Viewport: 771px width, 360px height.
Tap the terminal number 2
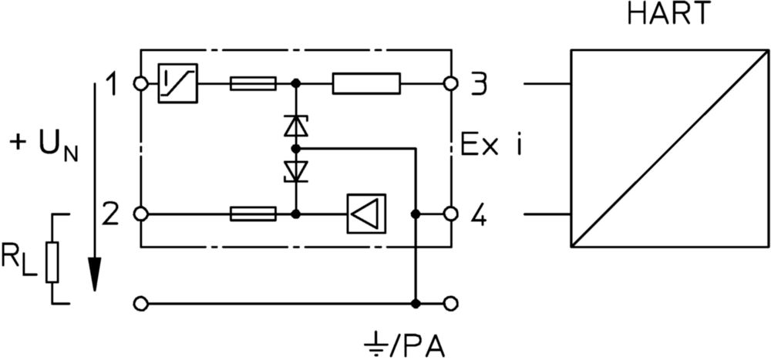point(111,215)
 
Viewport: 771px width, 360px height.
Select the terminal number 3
point(478,84)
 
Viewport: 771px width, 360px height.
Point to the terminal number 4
point(478,215)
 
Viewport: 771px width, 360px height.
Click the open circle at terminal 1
point(141,84)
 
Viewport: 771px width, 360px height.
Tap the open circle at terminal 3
point(450,84)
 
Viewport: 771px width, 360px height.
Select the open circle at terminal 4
point(450,214)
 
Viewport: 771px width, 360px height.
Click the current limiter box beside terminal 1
point(177,83)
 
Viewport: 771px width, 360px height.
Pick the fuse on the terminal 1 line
point(253,83)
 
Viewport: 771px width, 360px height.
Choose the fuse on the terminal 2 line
point(253,214)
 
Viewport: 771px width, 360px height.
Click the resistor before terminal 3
point(366,83)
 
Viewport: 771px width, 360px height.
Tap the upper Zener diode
point(295,125)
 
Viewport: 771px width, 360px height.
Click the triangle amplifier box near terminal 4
point(366,214)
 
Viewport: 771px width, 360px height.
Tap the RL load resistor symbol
point(52,262)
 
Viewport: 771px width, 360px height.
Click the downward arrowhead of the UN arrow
point(95,274)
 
